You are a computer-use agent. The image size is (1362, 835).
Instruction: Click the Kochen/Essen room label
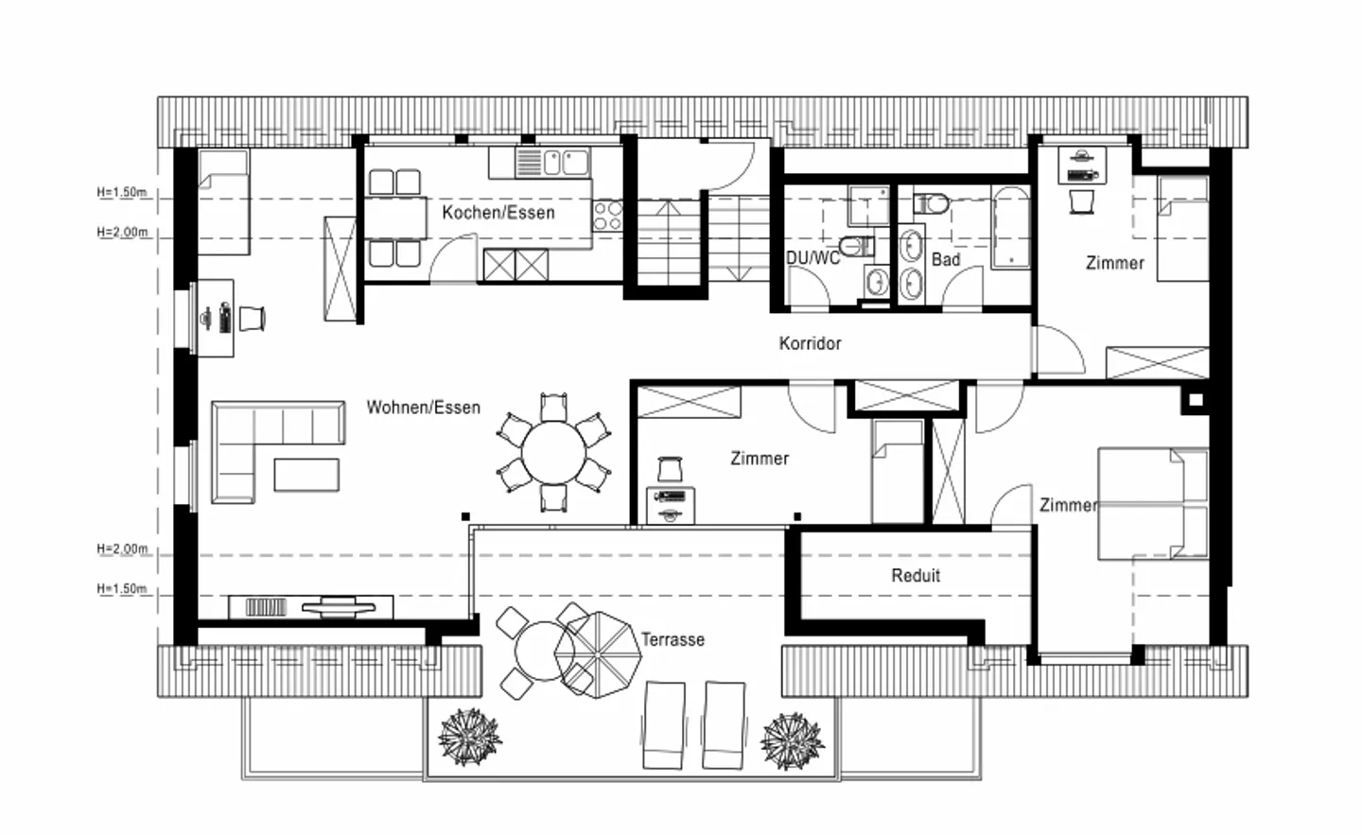498,213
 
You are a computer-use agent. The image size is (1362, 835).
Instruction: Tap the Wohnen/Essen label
423,408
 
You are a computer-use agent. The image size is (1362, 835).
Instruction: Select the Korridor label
810,343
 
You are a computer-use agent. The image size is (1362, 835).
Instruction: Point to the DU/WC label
812,258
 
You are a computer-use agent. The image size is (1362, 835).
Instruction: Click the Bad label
946,259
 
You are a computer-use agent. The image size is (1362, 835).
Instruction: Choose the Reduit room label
916,575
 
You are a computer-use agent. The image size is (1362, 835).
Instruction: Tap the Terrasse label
673,639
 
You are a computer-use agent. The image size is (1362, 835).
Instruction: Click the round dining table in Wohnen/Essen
553,453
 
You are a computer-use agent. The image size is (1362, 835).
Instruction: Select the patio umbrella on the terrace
599,654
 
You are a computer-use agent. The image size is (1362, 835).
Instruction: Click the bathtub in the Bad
1010,227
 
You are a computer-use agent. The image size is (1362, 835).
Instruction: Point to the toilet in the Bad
931,203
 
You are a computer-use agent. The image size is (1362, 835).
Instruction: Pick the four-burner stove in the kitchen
607,217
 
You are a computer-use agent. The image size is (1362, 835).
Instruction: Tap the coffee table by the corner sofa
306,475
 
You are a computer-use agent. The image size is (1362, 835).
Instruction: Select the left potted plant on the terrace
469,737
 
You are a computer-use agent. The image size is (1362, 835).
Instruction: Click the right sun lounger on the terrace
724,725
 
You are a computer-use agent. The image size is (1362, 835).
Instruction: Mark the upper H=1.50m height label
122,193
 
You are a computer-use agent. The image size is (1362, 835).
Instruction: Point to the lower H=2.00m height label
122,548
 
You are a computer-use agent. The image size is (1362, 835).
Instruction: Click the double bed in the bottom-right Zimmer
1153,504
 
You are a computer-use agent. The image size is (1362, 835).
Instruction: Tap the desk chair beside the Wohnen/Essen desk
252,319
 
